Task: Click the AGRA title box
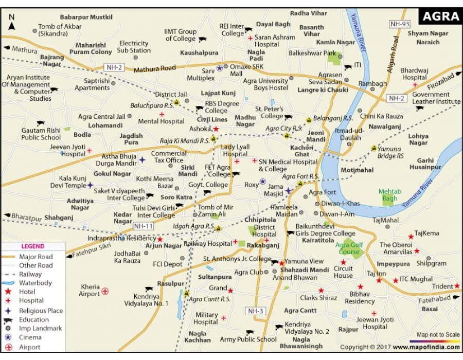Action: tap(440, 16)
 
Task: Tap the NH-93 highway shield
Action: tap(399, 38)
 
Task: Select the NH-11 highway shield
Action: tap(144, 226)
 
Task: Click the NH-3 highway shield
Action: tap(256, 311)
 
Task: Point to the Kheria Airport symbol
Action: tap(105, 291)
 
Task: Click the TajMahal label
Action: tap(385, 220)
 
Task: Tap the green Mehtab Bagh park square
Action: tap(387, 201)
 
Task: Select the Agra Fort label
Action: tap(322, 192)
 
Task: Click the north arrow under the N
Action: tap(12, 26)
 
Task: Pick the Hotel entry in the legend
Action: tap(27, 292)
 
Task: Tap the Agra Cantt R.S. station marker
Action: tap(186, 293)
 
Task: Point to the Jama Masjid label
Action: tap(276, 190)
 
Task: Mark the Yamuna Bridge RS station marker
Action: tap(373, 148)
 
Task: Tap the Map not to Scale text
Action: tap(438, 335)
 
